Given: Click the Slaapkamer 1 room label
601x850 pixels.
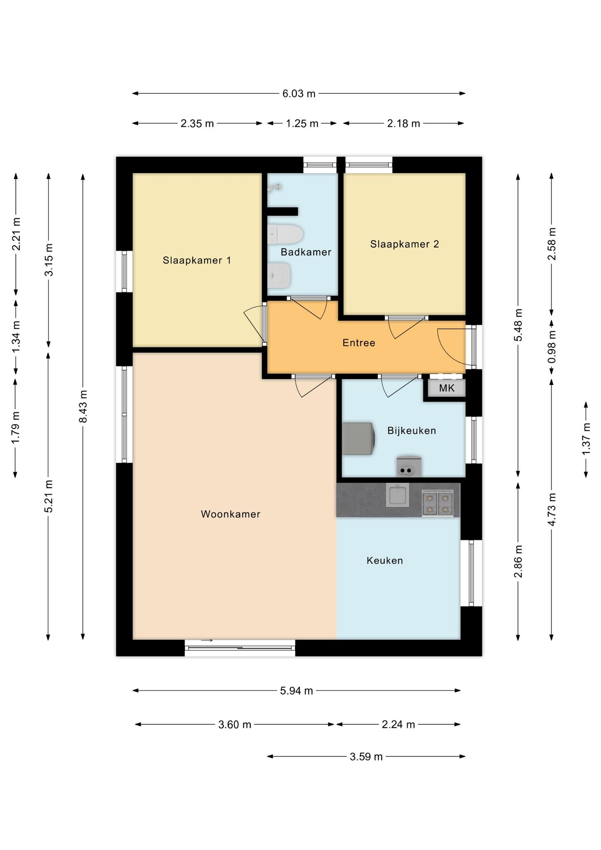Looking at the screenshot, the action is click(x=197, y=261).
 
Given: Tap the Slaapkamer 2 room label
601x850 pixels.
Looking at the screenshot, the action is click(x=404, y=244).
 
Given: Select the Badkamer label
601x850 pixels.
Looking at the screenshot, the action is click(x=306, y=252).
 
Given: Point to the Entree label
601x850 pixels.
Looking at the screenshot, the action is click(x=359, y=343).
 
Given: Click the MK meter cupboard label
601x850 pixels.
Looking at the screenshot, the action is click(x=447, y=388).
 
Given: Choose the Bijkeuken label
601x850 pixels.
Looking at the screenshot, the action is click(x=411, y=431).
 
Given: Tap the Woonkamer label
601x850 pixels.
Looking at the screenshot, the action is click(x=230, y=514).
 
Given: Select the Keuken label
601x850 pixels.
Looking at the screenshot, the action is click(x=384, y=561).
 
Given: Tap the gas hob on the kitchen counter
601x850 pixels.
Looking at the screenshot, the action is click(x=437, y=503).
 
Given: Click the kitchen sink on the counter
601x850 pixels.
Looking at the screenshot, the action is click(x=397, y=495).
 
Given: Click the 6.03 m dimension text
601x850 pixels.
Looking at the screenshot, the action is click(x=299, y=94).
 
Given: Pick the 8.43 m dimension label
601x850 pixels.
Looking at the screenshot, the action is click(x=83, y=406).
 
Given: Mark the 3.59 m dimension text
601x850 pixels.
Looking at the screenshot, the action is click(x=366, y=757).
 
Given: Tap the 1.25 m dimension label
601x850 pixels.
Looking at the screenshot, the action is click(x=302, y=124).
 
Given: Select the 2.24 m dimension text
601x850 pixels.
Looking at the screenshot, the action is click(x=398, y=725).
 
